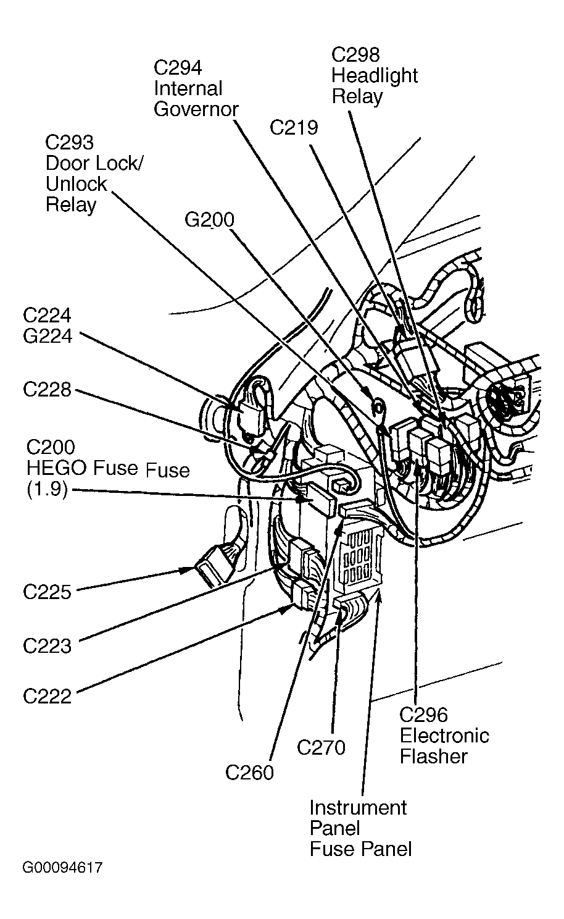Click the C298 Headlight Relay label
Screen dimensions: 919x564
(x=374, y=75)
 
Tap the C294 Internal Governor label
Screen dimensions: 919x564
(x=196, y=88)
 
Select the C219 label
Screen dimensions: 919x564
(x=294, y=128)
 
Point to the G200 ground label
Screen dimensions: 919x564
(x=209, y=220)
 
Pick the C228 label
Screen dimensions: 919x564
(x=47, y=390)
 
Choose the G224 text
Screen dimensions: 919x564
(x=47, y=336)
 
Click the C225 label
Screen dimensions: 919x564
(x=47, y=592)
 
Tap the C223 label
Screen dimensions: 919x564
(x=47, y=646)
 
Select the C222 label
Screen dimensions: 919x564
(x=47, y=696)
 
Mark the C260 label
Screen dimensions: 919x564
(x=249, y=772)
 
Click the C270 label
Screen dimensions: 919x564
(x=321, y=747)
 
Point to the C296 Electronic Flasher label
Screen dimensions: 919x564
(x=444, y=736)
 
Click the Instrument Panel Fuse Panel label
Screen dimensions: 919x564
(x=360, y=828)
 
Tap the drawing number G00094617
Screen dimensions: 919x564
(x=62, y=868)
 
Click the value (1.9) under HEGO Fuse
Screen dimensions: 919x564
(x=47, y=490)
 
